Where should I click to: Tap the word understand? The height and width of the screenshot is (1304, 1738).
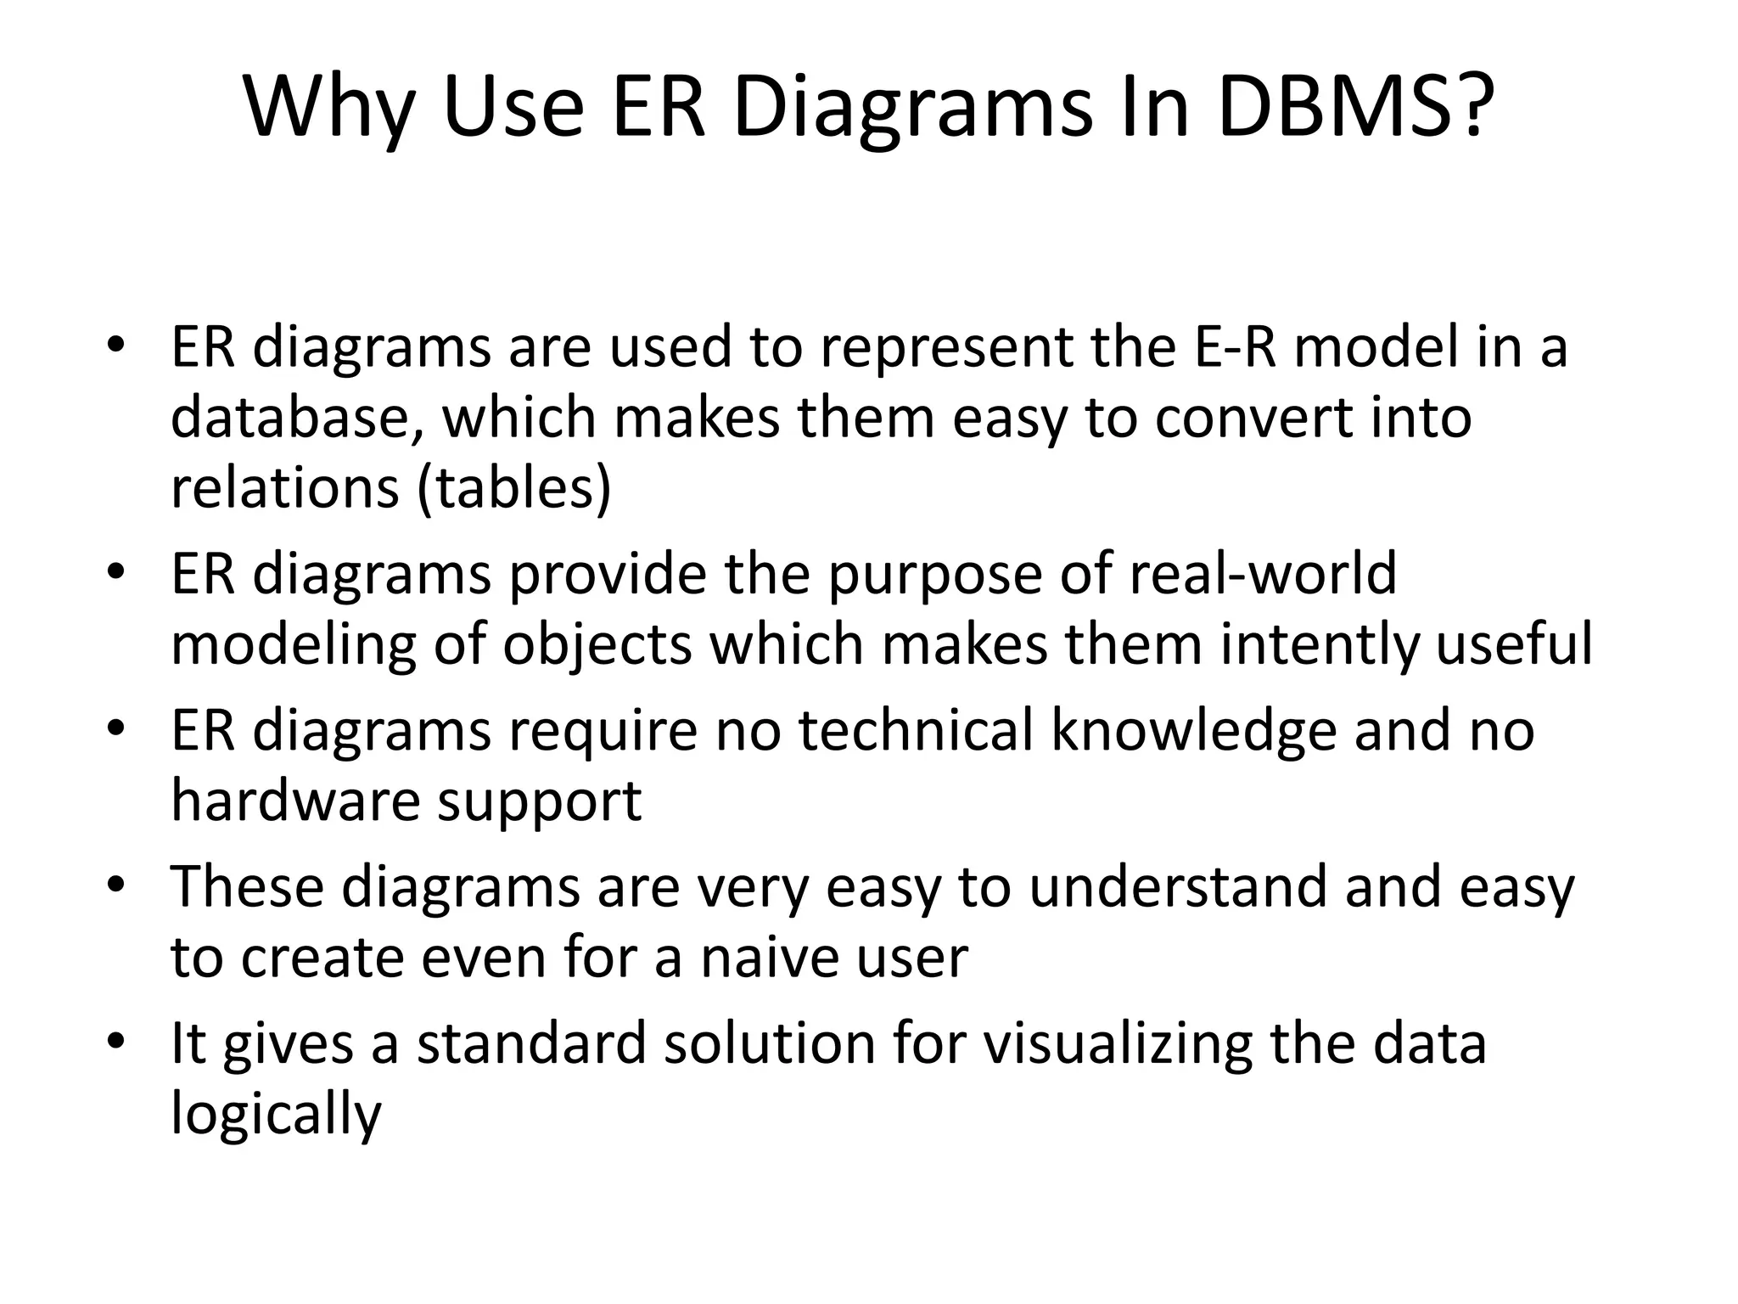coord(1178,886)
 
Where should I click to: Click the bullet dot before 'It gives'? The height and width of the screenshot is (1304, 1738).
coord(116,1041)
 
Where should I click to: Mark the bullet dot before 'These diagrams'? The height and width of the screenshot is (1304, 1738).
coord(116,885)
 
